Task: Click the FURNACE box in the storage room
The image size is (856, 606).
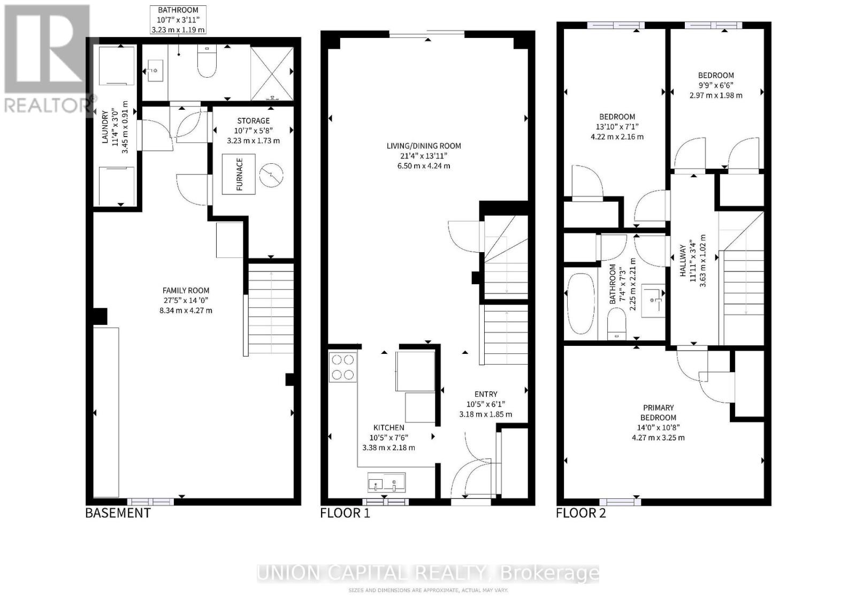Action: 239,174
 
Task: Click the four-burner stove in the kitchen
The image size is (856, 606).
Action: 342,367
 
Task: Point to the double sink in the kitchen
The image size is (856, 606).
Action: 386,483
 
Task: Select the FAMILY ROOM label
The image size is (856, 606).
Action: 186,290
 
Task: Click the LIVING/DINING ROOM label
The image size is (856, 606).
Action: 424,146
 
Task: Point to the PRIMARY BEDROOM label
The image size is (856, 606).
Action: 658,412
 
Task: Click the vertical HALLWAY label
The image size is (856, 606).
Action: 683,261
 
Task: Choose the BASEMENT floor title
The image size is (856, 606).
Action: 118,513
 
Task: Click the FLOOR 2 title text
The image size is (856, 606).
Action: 580,513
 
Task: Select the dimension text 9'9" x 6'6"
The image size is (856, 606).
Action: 715,85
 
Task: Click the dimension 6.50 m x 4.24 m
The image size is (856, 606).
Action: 424,166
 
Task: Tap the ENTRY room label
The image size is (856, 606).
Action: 485,394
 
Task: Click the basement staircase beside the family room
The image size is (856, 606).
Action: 271,308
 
